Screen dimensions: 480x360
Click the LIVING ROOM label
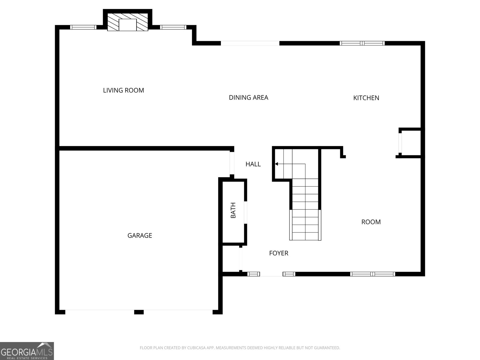pyautogui.click(x=123, y=90)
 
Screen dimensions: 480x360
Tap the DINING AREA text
pyautogui.click(x=248, y=97)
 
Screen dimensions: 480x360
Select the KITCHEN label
pyautogui.click(x=366, y=98)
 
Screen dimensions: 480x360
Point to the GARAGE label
pyautogui.click(x=139, y=235)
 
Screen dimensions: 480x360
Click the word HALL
pyautogui.click(x=253, y=164)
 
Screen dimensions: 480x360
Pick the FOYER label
pyautogui.click(x=279, y=253)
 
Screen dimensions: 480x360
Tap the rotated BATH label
pyautogui.click(x=233, y=210)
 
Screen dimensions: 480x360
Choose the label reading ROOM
pyautogui.click(x=371, y=222)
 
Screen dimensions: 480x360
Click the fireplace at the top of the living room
pyautogui.click(x=127, y=22)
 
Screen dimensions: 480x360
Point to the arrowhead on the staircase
pyautogui.click(x=276, y=164)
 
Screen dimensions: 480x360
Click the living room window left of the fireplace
pyautogui.click(x=83, y=27)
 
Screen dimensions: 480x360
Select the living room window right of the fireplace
pyautogui.click(x=173, y=27)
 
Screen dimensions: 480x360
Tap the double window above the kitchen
pyautogui.click(x=362, y=43)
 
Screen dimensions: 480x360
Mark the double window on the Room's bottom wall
pyautogui.click(x=372, y=274)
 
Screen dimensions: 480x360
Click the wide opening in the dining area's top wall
pyautogui.click(x=250, y=43)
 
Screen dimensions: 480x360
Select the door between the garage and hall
pyautogui.click(x=232, y=163)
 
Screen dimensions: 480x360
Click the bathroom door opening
pyautogui.click(x=245, y=212)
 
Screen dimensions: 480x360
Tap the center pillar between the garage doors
pyautogui.click(x=139, y=312)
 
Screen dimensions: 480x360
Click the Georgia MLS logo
pyautogui.click(x=27, y=351)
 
